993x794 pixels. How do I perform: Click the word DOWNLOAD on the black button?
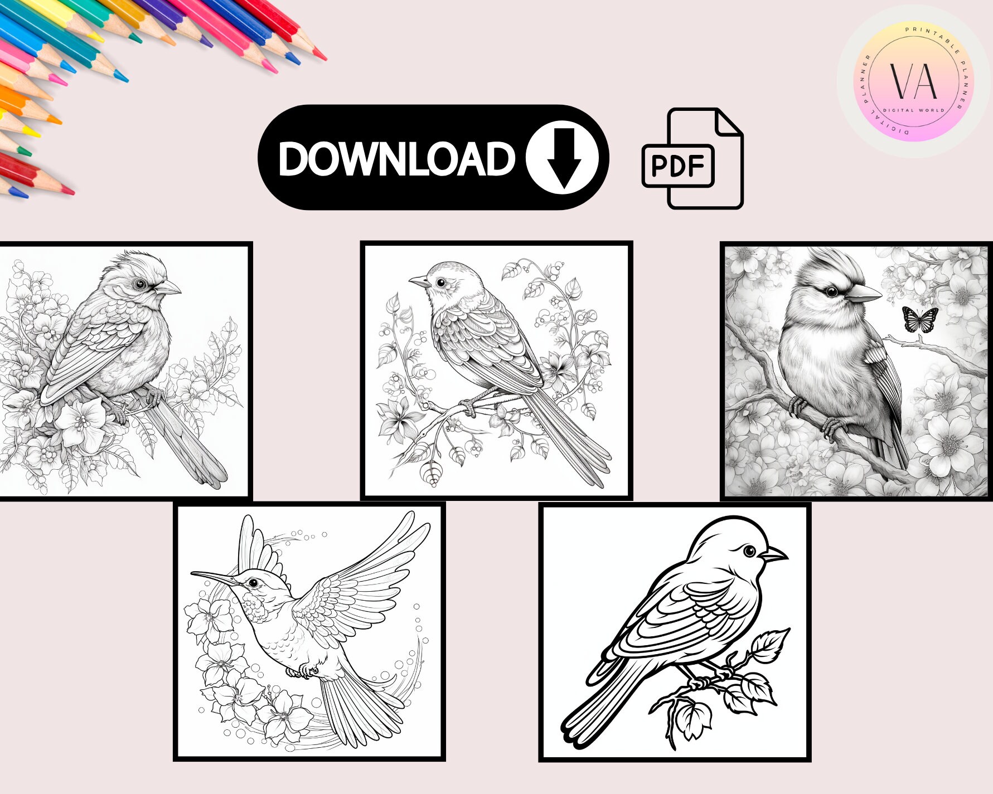point(396,159)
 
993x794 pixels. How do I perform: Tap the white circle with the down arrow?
point(563,157)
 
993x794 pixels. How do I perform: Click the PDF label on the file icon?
point(677,165)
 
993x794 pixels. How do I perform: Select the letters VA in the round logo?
point(913,81)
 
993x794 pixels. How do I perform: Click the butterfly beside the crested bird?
point(919,319)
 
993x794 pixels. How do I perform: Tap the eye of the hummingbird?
point(254,583)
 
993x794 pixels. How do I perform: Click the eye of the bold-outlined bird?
point(750,552)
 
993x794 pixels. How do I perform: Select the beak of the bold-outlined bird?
point(774,555)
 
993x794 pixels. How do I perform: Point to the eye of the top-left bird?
point(140,284)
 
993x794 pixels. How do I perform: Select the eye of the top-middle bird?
point(441,282)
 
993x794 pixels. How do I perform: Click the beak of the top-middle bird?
point(419,280)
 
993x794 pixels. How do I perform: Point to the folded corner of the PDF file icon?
point(728,123)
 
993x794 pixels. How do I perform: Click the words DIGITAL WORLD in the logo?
point(913,110)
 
